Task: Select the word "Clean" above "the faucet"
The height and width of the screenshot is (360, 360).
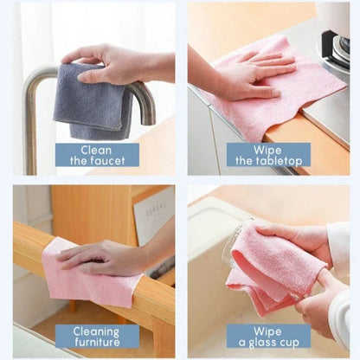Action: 96,148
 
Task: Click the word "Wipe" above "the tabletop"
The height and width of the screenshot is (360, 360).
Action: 268,148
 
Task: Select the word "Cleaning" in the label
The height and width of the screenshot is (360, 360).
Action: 96,330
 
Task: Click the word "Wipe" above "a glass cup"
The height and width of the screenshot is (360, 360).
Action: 268,330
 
